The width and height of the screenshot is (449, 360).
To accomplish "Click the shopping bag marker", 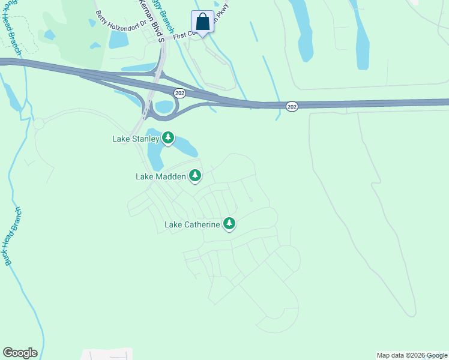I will click(x=203, y=22).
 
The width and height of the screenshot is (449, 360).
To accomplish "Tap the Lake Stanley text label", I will click(x=136, y=139).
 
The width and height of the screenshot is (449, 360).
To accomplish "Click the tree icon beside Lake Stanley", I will click(x=169, y=139).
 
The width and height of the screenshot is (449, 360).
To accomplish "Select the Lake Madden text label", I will click(x=161, y=176).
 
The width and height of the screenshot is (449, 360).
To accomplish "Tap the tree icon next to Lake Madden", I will click(x=195, y=176).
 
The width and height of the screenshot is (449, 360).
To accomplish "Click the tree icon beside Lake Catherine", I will click(x=229, y=224).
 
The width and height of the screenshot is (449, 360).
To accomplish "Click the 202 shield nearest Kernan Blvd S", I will click(x=179, y=93).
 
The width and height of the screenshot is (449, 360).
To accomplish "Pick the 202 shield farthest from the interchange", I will click(x=292, y=106).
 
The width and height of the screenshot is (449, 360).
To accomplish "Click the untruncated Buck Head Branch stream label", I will click(x=13, y=236).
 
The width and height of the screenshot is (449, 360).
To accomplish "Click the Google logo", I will click(x=20, y=353).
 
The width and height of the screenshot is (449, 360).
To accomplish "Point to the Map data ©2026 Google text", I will click(x=412, y=355).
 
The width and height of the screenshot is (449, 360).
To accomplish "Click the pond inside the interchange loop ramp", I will click(x=163, y=107).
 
